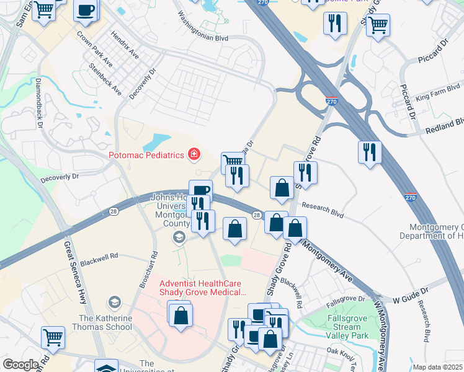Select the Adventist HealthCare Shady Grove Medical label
(195, 286)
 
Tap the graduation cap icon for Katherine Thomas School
(114, 303)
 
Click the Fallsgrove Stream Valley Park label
(349, 325)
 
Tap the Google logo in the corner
(20, 365)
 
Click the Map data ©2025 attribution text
(438, 367)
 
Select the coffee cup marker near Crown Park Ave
(86, 11)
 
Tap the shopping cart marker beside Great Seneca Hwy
(53, 337)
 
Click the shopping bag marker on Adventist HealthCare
(180, 315)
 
